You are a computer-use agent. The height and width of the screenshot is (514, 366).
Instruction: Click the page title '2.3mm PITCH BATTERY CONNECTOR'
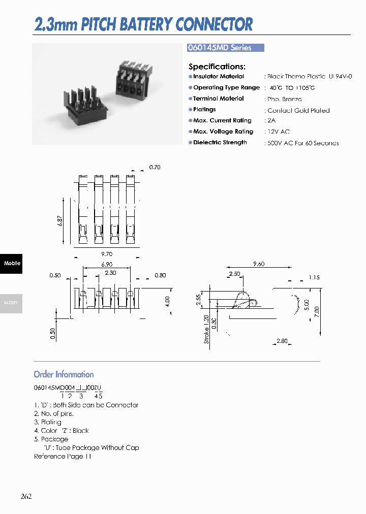click(x=143, y=24)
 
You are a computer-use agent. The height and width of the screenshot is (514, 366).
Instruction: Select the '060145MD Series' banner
click(x=226, y=48)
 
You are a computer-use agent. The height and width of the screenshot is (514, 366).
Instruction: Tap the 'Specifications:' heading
click(x=217, y=67)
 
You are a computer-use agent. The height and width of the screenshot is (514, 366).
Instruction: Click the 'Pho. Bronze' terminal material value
click(x=285, y=100)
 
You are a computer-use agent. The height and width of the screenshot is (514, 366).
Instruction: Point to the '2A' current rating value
click(x=272, y=121)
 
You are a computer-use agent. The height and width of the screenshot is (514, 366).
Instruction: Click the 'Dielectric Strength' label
click(x=220, y=143)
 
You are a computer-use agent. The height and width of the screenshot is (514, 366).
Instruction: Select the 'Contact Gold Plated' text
click(x=298, y=111)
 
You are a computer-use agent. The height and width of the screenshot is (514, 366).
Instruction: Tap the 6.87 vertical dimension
click(x=60, y=221)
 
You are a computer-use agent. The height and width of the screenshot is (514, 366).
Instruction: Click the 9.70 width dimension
click(x=106, y=254)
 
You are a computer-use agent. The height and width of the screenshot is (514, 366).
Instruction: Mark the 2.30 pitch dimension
click(x=110, y=273)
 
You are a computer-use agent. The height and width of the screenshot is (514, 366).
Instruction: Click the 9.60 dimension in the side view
click(x=259, y=264)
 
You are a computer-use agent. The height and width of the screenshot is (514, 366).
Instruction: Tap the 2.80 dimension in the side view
click(x=282, y=341)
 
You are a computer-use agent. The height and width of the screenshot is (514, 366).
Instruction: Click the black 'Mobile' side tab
click(x=11, y=264)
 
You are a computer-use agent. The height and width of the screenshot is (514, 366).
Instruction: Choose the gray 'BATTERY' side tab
click(x=11, y=303)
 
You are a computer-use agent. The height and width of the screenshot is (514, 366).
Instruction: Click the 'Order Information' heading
click(x=64, y=375)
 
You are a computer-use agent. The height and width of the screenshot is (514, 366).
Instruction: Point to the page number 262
click(x=26, y=497)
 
